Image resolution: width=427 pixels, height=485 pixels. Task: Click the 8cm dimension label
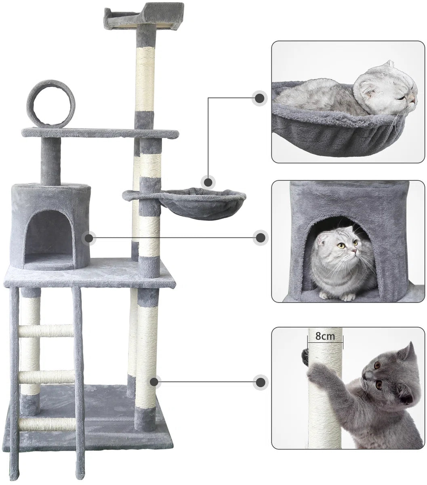click(325, 336)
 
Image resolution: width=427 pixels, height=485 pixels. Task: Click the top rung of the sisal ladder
click(46, 331)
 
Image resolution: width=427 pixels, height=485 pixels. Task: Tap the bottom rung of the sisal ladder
click(47, 424)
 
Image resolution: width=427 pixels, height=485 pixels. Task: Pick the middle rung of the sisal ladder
click(47, 377)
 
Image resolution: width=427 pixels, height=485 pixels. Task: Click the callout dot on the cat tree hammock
click(208, 182)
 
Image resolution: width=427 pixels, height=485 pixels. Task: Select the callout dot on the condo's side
click(89, 238)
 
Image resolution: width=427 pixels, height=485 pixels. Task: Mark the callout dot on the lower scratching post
click(155, 382)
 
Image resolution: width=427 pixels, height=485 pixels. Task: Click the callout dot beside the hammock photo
click(260, 98)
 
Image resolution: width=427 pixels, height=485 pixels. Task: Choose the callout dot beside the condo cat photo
click(261, 238)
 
